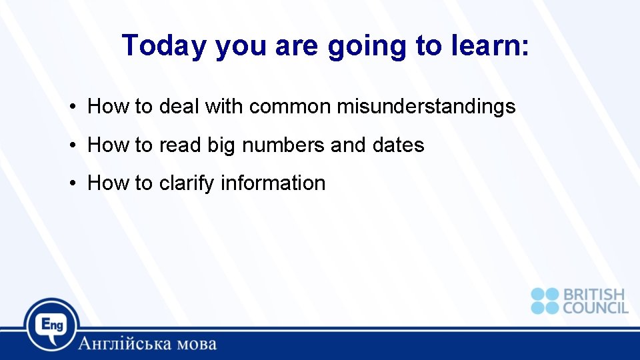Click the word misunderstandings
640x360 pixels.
(x=426, y=107)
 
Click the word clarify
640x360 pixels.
(x=187, y=183)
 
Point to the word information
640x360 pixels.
(x=273, y=183)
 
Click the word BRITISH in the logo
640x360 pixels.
(x=595, y=295)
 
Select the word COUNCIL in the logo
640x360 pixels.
(x=595, y=307)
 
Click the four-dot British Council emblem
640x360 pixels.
(x=545, y=301)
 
